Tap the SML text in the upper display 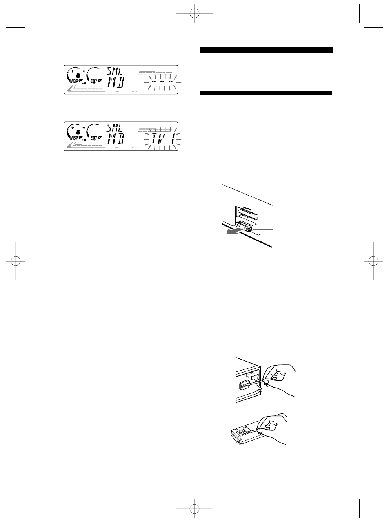[x=115, y=71]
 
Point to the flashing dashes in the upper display [x=161, y=82]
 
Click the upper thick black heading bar [x=266, y=50]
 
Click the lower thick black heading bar [x=266, y=93]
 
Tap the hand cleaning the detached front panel [x=273, y=428]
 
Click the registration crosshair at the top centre [x=194, y=13]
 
